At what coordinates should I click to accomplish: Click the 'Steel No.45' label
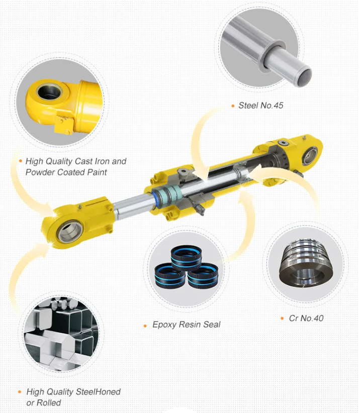click(260, 106)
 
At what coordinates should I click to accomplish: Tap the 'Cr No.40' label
click(306, 318)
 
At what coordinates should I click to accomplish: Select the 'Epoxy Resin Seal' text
click(187, 325)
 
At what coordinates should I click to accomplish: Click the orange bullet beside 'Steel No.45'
click(233, 106)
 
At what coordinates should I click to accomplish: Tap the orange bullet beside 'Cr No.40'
click(282, 319)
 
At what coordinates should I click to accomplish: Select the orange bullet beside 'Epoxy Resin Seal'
click(145, 326)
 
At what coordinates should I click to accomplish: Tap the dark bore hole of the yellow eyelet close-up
click(49, 92)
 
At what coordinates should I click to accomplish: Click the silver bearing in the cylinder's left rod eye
click(70, 232)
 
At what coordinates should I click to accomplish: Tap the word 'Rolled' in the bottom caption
click(49, 403)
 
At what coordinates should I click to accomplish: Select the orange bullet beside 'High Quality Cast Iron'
click(21, 161)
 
